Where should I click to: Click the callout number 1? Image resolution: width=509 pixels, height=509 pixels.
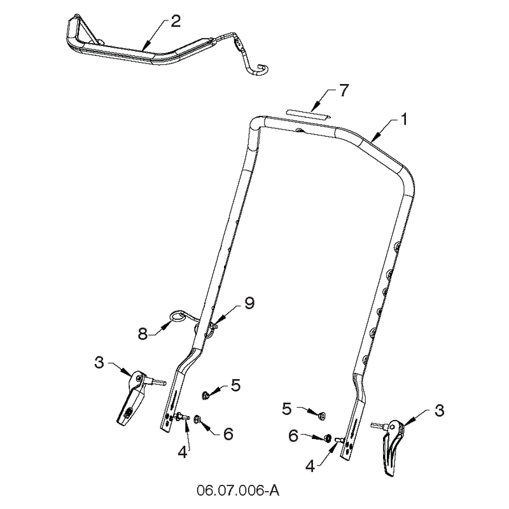[404, 120]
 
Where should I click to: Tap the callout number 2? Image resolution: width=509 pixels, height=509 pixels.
[176, 21]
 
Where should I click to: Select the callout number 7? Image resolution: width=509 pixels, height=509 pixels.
[344, 90]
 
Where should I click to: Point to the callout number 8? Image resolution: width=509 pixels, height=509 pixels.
[143, 333]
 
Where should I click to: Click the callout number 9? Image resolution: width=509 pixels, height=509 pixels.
[249, 303]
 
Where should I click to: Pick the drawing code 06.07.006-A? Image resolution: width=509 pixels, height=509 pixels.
[237, 491]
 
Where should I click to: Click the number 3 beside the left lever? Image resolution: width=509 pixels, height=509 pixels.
[99, 362]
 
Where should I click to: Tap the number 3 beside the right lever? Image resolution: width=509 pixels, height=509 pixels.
[439, 410]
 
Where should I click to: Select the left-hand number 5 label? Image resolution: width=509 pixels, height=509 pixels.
[235, 385]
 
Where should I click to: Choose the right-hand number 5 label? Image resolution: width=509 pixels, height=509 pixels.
[287, 409]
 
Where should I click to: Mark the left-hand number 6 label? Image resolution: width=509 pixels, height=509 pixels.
[228, 434]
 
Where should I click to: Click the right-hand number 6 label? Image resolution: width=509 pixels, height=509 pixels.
[293, 436]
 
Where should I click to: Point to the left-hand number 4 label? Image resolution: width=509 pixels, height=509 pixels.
[183, 452]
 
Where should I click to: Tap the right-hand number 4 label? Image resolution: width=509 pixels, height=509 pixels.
[310, 466]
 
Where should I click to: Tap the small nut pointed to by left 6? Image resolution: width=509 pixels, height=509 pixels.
[197, 419]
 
